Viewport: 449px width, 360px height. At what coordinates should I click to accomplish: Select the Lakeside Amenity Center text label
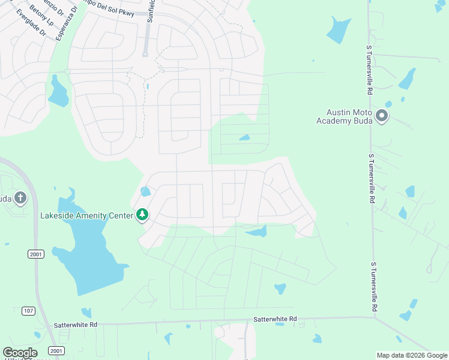pyautogui.click(x=86, y=215)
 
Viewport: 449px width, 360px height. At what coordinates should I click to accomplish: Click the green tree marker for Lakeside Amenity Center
pyautogui.click(x=142, y=214)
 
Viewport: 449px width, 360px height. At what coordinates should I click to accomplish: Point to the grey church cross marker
pyautogui.click(x=20, y=197)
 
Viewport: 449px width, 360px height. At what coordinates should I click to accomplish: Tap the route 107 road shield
pyautogui.click(x=28, y=310)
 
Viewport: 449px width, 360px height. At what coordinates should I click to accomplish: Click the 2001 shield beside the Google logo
pyautogui.click(x=55, y=351)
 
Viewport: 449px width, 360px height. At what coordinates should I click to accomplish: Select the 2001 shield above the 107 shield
pyautogui.click(x=35, y=254)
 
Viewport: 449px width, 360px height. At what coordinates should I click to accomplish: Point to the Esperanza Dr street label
pyautogui.click(x=67, y=24)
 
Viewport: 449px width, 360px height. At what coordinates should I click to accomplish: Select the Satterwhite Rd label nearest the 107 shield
pyautogui.click(x=76, y=324)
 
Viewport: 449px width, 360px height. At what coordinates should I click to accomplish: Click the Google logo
pyautogui.click(x=20, y=353)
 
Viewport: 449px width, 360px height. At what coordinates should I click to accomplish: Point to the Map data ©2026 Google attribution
pyautogui.click(x=411, y=355)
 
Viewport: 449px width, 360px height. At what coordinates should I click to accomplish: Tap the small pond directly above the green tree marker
pyautogui.click(x=145, y=192)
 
